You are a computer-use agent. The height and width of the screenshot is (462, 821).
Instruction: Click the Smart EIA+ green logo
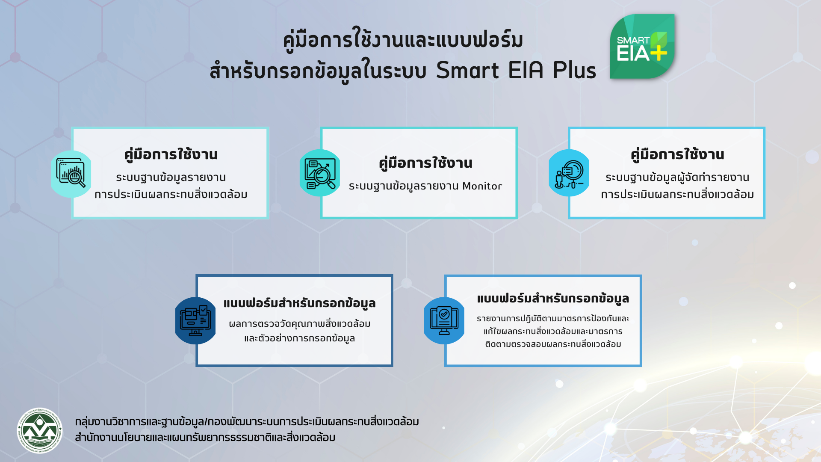point(642,46)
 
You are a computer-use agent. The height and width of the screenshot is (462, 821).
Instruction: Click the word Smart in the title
point(467,70)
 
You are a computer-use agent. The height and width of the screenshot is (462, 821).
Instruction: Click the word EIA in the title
point(526,70)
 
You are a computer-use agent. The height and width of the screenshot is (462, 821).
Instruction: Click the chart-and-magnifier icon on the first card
point(71,174)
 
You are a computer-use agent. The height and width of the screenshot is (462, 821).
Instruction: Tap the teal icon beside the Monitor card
point(320,173)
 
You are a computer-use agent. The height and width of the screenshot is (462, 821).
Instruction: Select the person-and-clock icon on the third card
point(569,173)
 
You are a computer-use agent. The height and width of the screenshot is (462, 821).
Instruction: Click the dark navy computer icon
point(195,321)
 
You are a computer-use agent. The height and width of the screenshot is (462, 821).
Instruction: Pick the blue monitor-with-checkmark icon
point(444,321)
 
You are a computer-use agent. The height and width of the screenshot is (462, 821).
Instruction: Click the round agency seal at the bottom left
point(40,430)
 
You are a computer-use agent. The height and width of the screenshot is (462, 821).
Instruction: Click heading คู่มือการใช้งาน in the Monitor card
point(425,163)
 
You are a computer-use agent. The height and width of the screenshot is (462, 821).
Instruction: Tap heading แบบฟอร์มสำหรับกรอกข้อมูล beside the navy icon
point(299,303)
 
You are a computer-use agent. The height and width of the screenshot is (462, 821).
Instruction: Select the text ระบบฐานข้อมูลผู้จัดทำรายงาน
point(677,177)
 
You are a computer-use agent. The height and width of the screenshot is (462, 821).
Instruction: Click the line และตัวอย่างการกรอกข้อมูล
point(299,338)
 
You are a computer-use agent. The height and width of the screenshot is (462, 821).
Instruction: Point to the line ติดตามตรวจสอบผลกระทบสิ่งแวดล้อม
point(553,344)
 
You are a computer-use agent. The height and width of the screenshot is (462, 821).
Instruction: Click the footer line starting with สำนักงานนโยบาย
point(205,437)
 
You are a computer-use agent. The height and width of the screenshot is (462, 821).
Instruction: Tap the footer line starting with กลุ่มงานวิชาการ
point(247,422)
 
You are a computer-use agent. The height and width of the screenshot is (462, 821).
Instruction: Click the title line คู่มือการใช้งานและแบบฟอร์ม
point(403,40)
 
